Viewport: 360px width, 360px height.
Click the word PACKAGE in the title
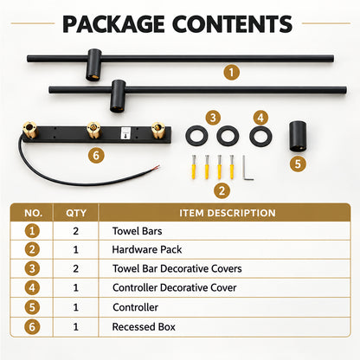tap(113, 23)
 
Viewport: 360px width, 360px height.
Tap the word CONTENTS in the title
tap(233, 23)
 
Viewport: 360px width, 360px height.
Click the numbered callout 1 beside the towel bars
tap(232, 72)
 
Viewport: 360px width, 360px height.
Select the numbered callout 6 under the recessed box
tap(96, 156)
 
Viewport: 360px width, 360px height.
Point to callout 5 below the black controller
tap(298, 164)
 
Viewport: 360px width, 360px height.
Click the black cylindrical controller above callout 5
tap(298, 136)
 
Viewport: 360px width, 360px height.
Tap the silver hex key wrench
tap(247, 168)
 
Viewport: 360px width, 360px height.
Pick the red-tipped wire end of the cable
tap(156, 167)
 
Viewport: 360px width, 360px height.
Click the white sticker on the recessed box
tap(125, 134)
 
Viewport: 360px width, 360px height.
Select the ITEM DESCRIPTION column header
tap(228, 213)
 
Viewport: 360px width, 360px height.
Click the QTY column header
tap(76, 213)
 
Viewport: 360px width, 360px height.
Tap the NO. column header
tap(33, 213)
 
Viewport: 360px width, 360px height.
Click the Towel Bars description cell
tap(138, 231)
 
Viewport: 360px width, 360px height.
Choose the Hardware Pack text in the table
tap(147, 249)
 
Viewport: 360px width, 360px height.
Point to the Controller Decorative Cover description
tap(175, 287)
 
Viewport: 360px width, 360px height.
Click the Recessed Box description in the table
tap(144, 327)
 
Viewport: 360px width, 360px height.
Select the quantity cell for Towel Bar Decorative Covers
tap(76, 269)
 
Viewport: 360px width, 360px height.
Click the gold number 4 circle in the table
tap(32, 287)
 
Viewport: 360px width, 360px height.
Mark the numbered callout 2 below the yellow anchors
tap(222, 190)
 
